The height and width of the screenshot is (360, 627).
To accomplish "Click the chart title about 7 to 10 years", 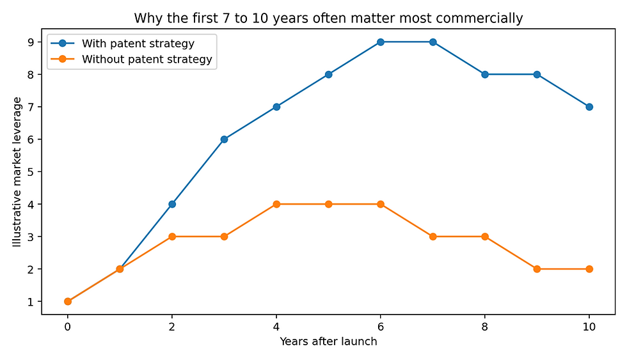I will pos(328,19).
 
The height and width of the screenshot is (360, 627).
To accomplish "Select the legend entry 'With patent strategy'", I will pos(138,44).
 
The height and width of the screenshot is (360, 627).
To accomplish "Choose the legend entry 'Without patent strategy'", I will pos(147,60).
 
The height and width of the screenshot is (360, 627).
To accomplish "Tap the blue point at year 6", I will pos(380,42).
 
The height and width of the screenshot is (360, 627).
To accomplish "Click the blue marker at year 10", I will pos(589,107).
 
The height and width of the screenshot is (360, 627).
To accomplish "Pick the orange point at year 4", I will pos(276,204).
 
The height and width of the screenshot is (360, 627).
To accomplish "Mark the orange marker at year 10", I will pos(589,269).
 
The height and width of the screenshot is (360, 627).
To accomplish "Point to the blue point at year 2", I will pos(172,204).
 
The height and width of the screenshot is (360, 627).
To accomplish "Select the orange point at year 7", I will pos(433,237).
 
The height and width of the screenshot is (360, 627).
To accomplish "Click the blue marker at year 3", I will pos(224,139).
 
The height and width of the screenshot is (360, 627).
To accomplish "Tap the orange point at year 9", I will pos(537,269).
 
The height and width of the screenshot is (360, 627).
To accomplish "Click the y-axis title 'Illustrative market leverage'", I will pos(18,172).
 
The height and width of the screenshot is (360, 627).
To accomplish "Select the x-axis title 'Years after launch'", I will pos(328,341).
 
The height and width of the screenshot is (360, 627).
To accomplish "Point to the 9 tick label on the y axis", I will pos(30,42).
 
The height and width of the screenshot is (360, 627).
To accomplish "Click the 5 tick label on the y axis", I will pos(30,172).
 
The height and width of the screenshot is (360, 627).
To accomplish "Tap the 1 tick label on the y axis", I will pos(30,302).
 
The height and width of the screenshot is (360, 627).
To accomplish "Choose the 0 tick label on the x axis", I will pos(68,326).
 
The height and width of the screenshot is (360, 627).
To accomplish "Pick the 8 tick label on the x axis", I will pos(484,326).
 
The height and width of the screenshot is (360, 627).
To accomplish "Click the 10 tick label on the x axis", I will pos(589,326).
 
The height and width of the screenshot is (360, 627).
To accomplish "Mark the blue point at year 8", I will pos(484,74).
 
